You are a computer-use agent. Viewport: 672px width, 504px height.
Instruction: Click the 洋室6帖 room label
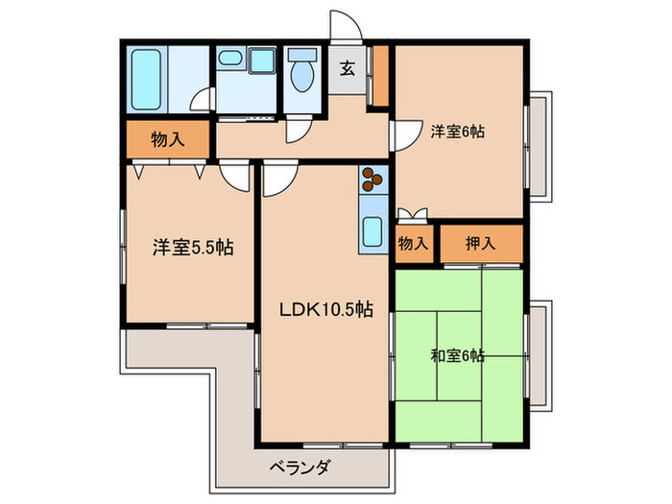[456, 133]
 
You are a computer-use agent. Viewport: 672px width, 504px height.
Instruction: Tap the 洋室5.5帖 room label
[193, 247]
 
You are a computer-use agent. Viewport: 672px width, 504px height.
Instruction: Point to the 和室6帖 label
[457, 356]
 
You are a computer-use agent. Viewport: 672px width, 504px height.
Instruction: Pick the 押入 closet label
[481, 243]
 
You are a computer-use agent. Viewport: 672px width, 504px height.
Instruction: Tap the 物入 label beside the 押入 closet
[414, 243]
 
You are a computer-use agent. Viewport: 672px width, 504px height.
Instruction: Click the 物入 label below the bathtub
[167, 140]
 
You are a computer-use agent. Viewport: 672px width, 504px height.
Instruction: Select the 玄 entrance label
[347, 69]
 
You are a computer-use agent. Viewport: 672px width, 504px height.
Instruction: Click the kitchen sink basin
[372, 231]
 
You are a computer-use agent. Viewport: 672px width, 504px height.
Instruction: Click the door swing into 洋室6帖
[405, 133]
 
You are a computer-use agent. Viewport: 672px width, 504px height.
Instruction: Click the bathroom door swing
[201, 100]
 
